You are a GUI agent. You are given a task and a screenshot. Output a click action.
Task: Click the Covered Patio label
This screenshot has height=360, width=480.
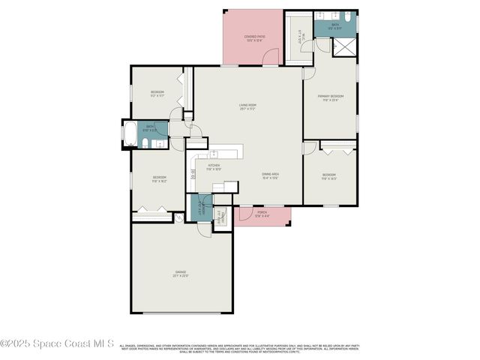(x=252, y=37)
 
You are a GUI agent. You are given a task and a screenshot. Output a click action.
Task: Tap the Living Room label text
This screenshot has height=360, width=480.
(x=247, y=106)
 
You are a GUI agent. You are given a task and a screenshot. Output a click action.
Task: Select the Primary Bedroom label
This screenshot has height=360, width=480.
(x=330, y=97)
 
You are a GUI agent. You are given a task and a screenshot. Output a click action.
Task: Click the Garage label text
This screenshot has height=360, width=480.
(x=181, y=274)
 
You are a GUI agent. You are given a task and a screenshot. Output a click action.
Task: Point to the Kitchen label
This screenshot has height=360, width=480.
(x=214, y=166)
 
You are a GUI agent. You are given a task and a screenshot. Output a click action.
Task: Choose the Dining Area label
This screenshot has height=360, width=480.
(x=270, y=176)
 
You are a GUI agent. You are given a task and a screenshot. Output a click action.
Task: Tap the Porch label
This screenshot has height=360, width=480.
(x=262, y=214)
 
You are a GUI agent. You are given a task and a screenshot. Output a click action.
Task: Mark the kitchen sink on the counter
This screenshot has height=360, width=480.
(x=213, y=154)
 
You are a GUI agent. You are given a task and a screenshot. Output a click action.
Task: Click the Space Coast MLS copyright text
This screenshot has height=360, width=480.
(x=57, y=343)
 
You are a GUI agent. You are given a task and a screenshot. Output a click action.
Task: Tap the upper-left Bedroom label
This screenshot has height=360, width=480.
(x=157, y=94)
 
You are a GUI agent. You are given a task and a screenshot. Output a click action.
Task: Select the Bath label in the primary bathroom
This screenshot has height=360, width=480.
(x=335, y=25)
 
